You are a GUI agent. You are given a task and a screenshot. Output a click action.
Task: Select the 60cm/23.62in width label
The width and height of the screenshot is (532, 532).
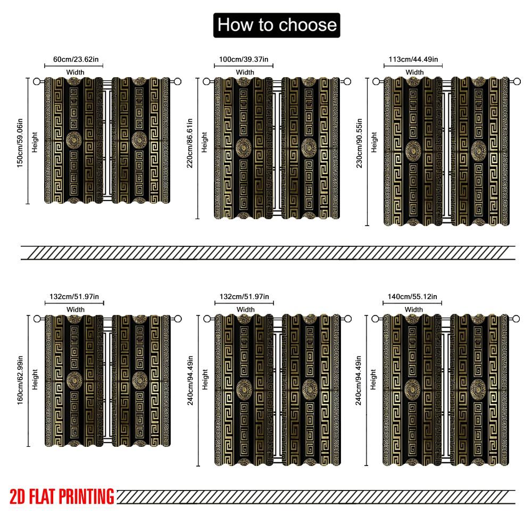point(76,59)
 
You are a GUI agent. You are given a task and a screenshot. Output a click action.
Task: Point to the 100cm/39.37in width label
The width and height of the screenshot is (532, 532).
point(244,59)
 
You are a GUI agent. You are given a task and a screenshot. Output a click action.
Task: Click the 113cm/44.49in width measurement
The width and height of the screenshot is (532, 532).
point(413,59)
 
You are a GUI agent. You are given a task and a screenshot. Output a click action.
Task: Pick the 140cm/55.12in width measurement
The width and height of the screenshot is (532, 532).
point(413,296)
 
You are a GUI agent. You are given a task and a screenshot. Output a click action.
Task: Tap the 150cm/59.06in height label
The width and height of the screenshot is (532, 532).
point(20,143)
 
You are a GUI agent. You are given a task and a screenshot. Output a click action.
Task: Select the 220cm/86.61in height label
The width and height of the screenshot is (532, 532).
point(190,143)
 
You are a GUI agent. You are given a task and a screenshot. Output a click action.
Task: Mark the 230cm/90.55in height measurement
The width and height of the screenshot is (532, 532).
point(359,143)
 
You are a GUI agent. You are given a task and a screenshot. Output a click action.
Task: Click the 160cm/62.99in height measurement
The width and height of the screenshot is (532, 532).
point(20,380)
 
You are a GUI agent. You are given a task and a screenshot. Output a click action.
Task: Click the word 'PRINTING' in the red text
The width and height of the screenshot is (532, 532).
point(87,496)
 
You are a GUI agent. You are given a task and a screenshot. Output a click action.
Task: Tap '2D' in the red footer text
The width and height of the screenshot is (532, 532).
point(18,496)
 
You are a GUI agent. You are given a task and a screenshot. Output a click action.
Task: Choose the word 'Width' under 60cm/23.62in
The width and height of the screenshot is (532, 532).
point(76,72)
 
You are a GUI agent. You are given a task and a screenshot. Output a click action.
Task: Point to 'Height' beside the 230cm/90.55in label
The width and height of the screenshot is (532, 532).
point(374,142)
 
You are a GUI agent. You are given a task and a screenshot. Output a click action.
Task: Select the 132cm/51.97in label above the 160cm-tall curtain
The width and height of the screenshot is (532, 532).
point(74,296)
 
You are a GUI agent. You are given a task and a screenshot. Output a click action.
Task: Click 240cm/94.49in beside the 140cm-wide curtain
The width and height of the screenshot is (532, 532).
point(359,380)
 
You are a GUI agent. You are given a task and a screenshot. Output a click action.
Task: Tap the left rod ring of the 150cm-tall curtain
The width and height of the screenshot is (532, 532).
point(37,81)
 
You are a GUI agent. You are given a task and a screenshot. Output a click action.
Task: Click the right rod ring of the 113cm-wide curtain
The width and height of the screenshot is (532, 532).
point(517,81)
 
